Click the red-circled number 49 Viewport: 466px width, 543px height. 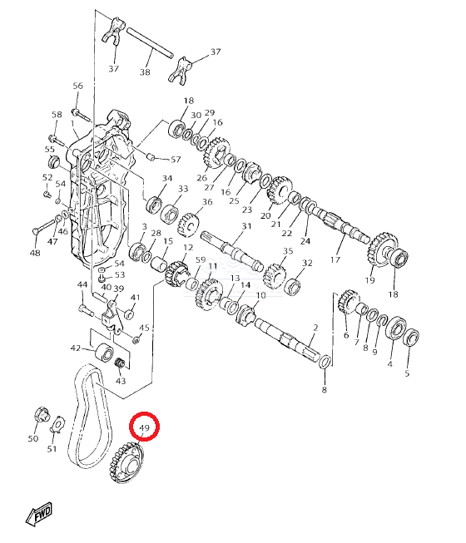(x=145, y=428)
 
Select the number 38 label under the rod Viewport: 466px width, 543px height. (x=145, y=72)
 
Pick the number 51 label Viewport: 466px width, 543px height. (x=52, y=450)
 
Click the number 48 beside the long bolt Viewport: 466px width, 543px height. (x=34, y=253)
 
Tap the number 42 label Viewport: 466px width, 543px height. (x=76, y=348)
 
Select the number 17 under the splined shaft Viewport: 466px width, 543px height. (x=336, y=259)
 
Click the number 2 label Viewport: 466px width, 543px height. (x=315, y=328)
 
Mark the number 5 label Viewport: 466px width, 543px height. (x=407, y=374)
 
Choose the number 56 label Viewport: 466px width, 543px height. (x=78, y=86)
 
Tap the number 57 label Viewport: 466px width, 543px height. (x=176, y=159)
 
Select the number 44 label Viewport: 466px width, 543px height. (x=82, y=285)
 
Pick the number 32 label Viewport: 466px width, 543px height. (x=307, y=263)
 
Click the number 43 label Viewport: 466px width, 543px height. (x=121, y=381)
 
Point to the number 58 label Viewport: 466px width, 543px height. (x=57, y=115)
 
